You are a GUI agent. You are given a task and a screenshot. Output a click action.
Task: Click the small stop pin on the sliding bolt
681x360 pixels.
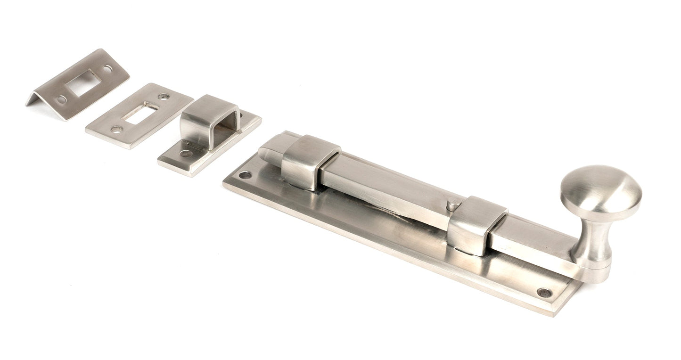451,205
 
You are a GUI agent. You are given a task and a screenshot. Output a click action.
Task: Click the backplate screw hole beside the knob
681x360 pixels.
544,292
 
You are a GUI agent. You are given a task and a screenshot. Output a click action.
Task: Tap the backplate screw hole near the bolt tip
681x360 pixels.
245,175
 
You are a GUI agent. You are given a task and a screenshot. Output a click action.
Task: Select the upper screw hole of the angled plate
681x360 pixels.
107,68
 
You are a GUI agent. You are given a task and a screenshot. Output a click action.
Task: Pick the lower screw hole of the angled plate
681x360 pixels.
61,99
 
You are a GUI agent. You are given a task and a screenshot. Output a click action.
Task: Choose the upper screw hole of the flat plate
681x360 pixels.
164,97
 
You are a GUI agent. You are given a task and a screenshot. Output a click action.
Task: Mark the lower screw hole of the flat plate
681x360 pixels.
116,129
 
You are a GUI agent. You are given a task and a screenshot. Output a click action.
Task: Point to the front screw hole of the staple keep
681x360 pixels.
186,153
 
